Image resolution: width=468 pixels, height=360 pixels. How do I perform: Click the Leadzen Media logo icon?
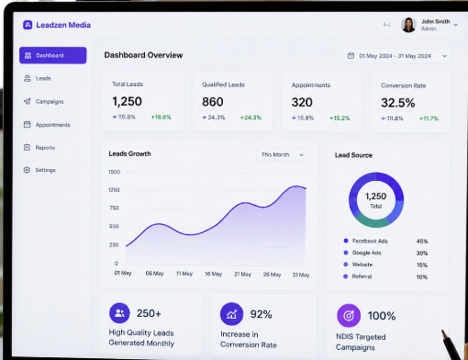(28, 25)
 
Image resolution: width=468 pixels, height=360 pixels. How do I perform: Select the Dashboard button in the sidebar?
(53, 55)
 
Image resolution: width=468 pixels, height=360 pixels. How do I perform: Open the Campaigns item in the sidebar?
(44, 101)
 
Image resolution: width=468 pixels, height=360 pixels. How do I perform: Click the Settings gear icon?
(27, 170)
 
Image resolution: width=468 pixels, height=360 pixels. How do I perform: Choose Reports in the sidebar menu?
(39, 148)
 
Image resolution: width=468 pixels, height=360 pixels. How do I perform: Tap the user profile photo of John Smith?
(408, 25)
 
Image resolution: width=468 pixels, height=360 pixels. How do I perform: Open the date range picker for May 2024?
(397, 56)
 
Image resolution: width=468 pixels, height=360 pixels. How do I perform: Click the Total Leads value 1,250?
(127, 101)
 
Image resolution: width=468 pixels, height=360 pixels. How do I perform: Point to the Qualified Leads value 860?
(213, 102)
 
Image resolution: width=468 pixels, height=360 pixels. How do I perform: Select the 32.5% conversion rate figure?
(398, 103)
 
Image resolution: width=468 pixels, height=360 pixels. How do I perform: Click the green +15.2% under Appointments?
(340, 118)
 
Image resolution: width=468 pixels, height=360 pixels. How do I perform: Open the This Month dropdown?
(283, 155)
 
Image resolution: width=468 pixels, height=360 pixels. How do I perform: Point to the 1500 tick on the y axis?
(114, 172)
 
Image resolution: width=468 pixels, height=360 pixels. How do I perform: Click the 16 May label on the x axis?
(213, 274)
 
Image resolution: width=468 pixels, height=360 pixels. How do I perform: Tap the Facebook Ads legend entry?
(366, 241)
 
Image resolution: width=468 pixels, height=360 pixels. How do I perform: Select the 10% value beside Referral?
(422, 277)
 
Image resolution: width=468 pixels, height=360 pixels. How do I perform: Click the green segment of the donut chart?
(371, 221)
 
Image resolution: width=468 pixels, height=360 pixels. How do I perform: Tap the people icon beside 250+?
(119, 313)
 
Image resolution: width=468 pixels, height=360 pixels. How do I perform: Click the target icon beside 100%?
(349, 315)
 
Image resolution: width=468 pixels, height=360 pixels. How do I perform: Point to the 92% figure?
(262, 314)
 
